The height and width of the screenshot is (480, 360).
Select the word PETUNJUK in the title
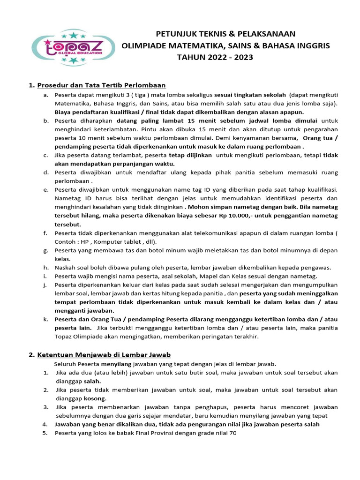tap(174, 34)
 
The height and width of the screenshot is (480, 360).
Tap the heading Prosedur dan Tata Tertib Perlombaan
tap(101, 85)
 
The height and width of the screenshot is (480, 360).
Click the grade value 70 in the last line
tap(233, 433)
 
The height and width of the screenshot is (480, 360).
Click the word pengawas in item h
tap(316, 268)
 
